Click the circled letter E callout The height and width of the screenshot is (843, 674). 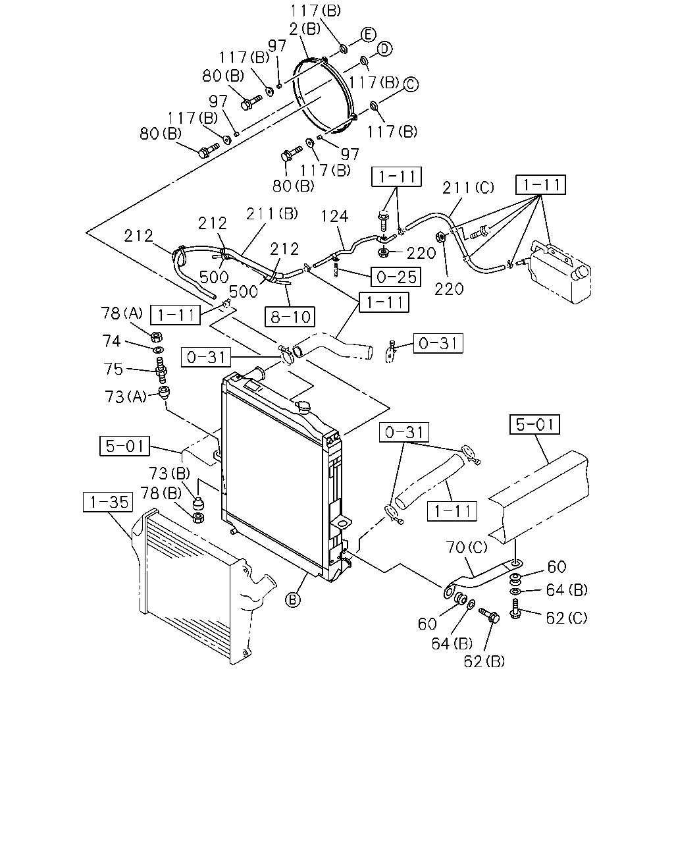(x=368, y=35)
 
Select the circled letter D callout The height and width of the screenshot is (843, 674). (x=384, y=49)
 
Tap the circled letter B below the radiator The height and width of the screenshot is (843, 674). (x=292, y=600)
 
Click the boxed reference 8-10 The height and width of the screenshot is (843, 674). (x=290, y=317)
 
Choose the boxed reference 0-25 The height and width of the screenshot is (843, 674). (x=396, y=277)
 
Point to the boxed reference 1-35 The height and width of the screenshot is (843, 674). (x=108, y=502)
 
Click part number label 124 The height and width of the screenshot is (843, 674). (x=335, y=216)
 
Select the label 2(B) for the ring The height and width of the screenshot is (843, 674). (x=305, y=29)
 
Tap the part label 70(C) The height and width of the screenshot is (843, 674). (x=467, y=547)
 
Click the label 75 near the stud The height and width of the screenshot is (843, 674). (x=113, y=369)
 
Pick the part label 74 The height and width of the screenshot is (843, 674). (x=112, y=340)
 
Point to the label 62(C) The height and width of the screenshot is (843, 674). (x=567, y=618)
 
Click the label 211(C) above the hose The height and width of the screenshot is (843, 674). (x=468, y=188)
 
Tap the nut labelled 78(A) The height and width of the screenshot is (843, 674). (x=157, y=337)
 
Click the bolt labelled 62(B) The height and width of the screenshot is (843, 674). (x=490, y=615)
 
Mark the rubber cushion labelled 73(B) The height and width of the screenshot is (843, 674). (x=199, y=503)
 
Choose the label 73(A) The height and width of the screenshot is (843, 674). (x=125, y=397)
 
